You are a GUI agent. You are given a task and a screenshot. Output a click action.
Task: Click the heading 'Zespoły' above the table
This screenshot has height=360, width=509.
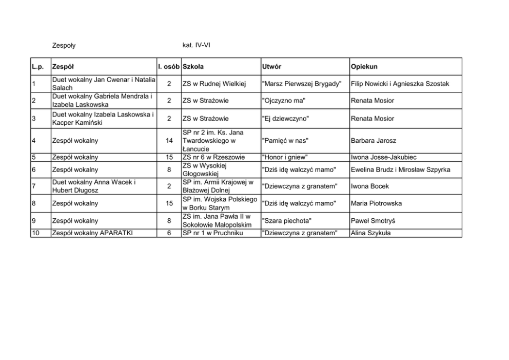coord(64,46)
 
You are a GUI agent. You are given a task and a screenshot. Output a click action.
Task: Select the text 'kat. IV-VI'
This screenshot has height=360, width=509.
coord(197,46)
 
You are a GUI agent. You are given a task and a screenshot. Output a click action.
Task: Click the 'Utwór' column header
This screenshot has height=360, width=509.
coord(271,67)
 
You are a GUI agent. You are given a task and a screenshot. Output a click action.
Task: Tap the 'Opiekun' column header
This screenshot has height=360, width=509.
coord(364,67)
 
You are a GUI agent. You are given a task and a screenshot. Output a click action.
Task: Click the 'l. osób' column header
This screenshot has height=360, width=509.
coord(168,67)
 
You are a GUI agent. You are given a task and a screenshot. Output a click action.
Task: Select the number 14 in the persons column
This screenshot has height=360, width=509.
coord(169,141)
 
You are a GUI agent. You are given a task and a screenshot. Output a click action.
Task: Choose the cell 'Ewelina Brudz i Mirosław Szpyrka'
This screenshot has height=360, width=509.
coord(400,169)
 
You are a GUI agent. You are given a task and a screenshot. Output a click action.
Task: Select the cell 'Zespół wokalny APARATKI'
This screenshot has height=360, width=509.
coord(90,233)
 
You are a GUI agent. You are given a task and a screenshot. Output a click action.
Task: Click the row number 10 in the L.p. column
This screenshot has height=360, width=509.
coord(35,233)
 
